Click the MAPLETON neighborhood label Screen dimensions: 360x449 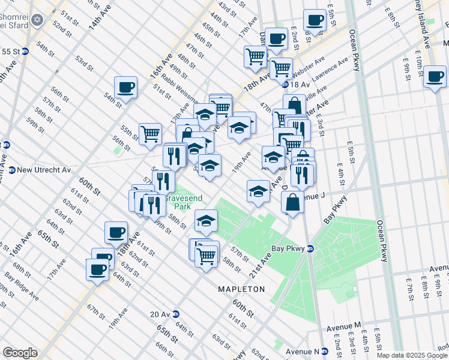click(x=242, y=289)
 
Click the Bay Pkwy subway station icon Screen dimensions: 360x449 click(x=310, y=248)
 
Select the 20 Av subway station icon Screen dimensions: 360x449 click(x=176, y=314)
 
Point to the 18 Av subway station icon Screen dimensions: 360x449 click(x=285, y=85)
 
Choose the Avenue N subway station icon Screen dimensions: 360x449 click(x=324, y=351)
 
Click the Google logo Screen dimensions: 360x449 click(x=20, y=353)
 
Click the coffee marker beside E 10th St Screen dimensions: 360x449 click(x=435, y=77)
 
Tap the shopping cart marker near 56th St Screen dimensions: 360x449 click(x=150, y=133)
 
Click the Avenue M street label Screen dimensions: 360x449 click(x=344, y=326)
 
